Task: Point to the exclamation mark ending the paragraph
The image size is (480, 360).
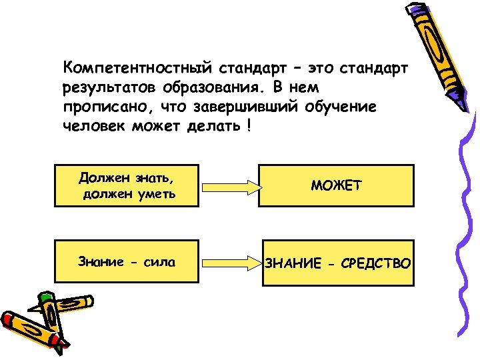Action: tap(249, 127)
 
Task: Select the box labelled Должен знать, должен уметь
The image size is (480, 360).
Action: tap(127, 185)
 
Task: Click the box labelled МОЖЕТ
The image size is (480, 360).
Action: tap(336, 185)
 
